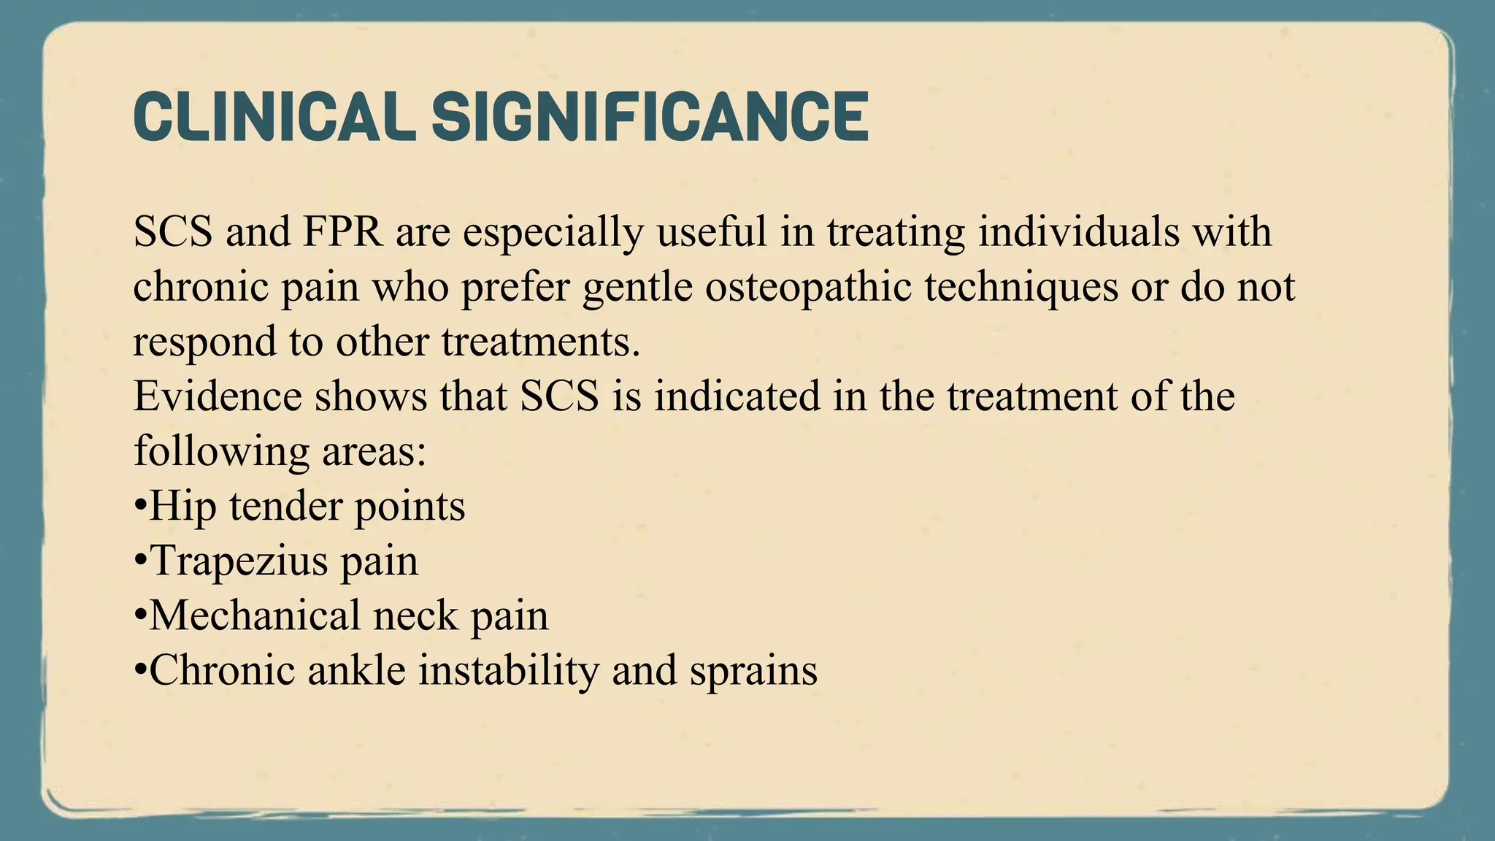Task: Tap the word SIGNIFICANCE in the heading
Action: click(650, 117)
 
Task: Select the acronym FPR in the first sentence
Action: click(342, 232)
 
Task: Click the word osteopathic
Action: click(808, 287)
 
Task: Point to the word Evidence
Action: click(218, 396)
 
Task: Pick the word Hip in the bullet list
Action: click(182, 507)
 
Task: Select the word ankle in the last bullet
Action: click(356, 670)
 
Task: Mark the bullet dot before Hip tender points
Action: click(140, 507)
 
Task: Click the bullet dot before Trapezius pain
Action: click(140, 561)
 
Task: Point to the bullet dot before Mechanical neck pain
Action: click(140, 616)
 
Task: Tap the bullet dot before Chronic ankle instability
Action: click(140, 671)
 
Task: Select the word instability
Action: click(509, 670)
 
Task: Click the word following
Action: click(220, 452)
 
